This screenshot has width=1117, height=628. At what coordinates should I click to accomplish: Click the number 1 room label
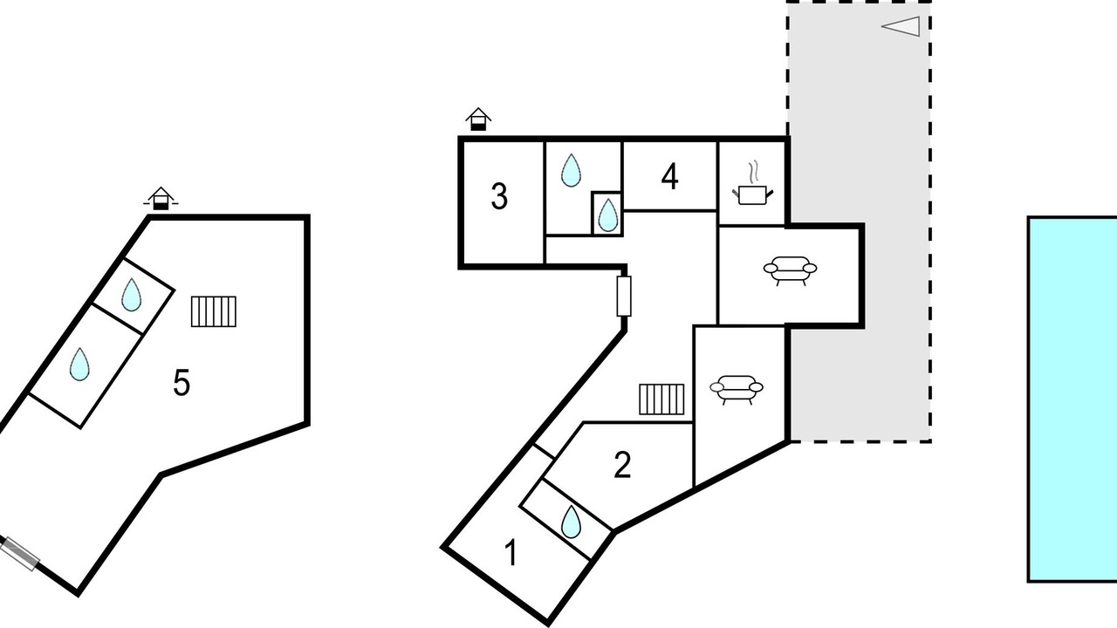(511, 553)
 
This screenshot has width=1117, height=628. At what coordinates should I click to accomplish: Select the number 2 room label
(622, 466)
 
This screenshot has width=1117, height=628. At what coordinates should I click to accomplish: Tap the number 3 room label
(499, 197)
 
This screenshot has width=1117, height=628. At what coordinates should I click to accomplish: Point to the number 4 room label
(669, 177)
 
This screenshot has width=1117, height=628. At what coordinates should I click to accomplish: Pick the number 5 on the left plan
(182, 383)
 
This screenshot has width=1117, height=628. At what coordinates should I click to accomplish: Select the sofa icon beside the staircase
(736, 388)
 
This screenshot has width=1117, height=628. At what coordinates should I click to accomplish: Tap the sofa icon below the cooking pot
(790, 271)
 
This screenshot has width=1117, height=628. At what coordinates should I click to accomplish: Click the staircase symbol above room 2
(661, 399)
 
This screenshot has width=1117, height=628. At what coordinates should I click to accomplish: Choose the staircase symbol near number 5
(214, 311)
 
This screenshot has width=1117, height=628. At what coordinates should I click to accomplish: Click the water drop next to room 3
(571, 170)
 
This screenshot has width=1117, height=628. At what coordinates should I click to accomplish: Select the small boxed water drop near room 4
(607, 214)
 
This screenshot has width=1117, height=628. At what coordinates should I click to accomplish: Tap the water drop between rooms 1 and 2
(572, 522)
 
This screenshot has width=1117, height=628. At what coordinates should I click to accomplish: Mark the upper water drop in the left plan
(131, 295)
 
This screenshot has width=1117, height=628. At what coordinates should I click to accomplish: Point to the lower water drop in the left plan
(79, 364)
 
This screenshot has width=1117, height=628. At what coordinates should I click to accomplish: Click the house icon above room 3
(477, 119)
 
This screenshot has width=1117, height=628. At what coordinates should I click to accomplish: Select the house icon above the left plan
(160, 199)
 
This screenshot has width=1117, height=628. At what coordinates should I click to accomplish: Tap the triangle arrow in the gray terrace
(901, 26)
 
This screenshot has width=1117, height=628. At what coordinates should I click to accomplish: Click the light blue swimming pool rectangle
(1072, 399)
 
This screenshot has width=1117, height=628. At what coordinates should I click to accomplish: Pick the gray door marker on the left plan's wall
(19, 554)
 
